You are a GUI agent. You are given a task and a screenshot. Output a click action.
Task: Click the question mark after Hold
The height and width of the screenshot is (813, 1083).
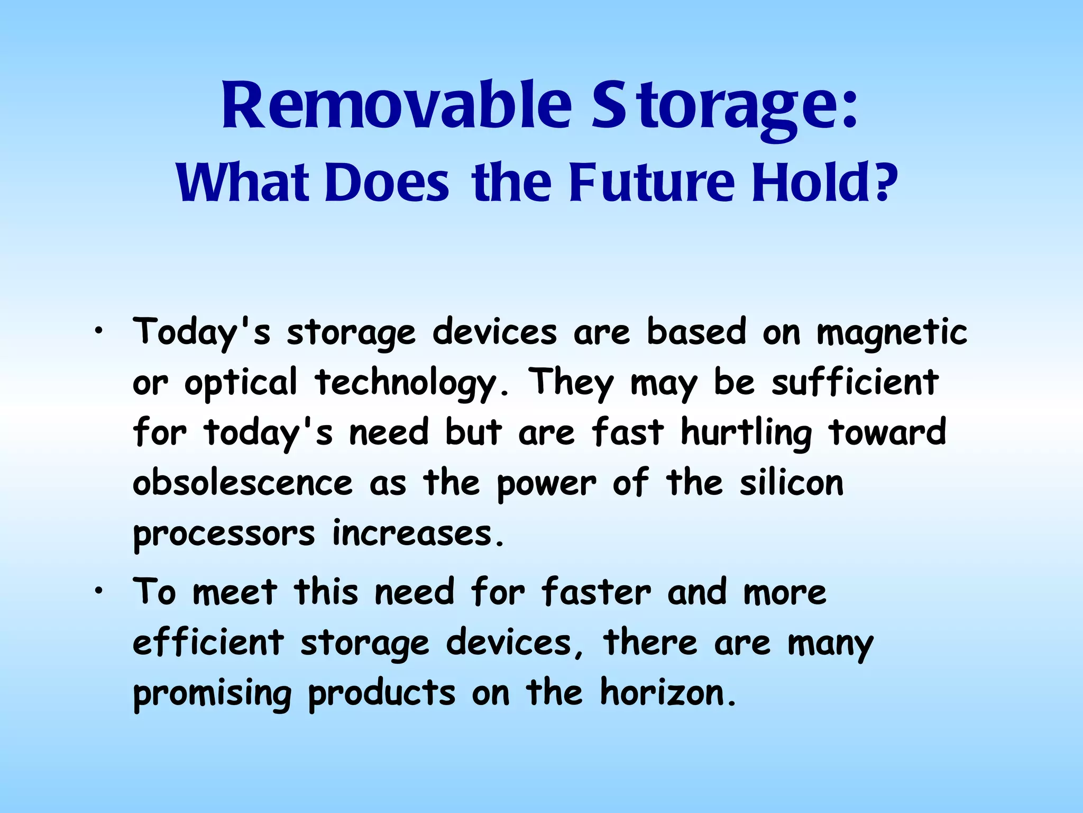pos(886,183)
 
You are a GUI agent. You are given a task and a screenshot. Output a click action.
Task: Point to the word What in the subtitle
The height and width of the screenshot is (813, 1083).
pos(243,183)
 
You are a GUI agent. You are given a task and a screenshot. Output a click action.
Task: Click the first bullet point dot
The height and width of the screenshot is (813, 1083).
pos(98,332)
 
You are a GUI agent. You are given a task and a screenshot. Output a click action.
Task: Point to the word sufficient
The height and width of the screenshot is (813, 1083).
pos(855,382)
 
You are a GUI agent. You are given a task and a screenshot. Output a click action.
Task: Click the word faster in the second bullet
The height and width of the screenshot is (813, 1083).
pos(596,592)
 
